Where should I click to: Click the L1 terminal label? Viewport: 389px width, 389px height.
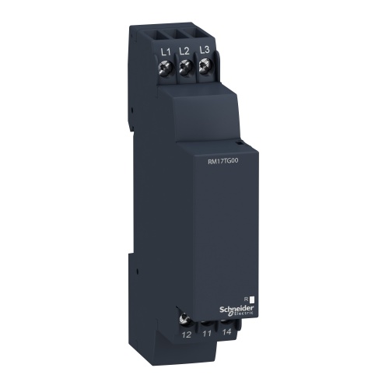tap(165, 52)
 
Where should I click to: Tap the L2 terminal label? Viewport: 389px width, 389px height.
tap(185, 51)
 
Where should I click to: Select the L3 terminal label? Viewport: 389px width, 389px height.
tap(205, 51)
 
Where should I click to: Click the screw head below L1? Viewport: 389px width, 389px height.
tap(166, 69)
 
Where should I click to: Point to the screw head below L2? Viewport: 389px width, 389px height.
tap(186, 68)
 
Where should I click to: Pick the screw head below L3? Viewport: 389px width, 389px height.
tap(205, 68)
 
